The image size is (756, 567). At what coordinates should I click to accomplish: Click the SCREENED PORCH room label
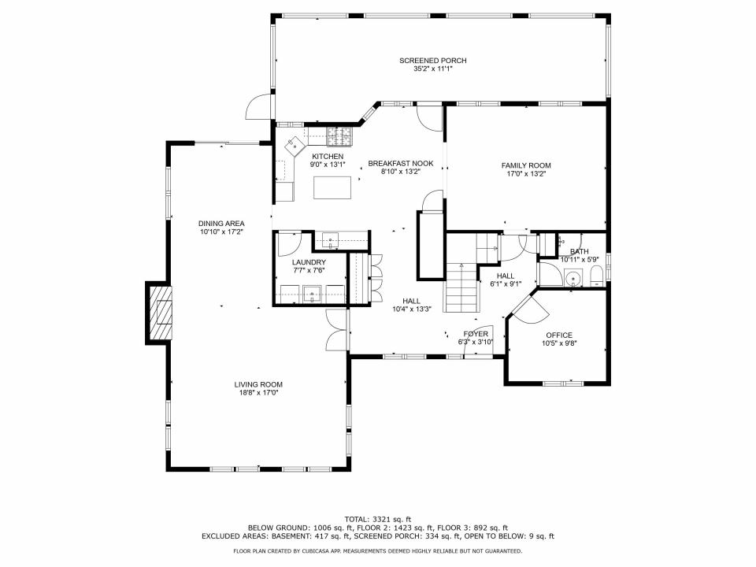432,61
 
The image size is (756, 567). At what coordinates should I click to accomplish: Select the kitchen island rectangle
332,188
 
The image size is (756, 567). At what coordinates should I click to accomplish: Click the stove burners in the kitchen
340,138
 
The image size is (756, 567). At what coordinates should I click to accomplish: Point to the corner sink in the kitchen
295,146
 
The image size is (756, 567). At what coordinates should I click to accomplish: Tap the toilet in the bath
596,276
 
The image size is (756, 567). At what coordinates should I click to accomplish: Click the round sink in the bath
572,276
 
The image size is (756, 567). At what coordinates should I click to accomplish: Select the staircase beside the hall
461,287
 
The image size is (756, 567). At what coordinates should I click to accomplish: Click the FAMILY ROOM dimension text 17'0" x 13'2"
526,174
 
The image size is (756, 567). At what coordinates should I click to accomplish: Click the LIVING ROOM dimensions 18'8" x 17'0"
258,393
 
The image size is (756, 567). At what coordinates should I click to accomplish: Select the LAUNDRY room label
308,261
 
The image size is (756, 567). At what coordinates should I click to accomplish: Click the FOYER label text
476,333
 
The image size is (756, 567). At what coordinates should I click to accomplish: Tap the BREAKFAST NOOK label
400,163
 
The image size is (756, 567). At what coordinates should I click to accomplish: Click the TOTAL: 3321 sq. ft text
378,520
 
